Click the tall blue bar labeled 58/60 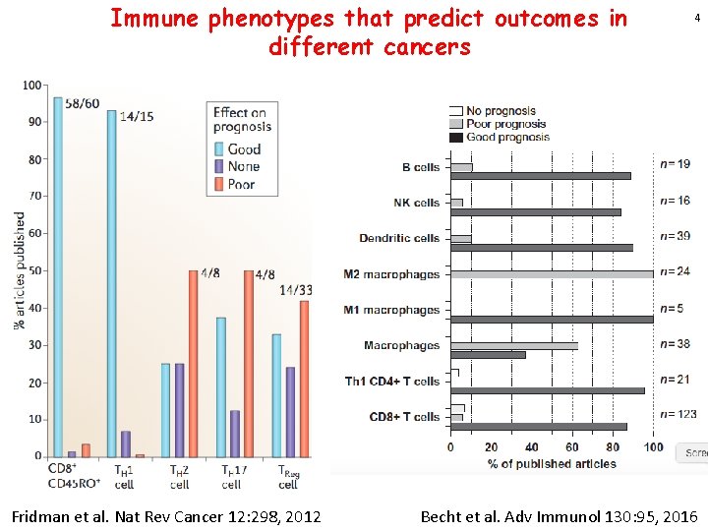click(58, 276)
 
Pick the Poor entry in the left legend click(241, 184)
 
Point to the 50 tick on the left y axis click(33, 270)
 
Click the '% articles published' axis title click(20, 269)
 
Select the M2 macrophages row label click(391, 274)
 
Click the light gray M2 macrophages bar click(551, 274)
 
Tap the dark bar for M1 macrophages click(551, 319)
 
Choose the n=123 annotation click(678, 414)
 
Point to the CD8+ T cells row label click(404, 417)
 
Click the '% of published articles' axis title click(552, 463)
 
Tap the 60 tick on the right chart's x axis click(572, 448)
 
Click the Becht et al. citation click(559, 516)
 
